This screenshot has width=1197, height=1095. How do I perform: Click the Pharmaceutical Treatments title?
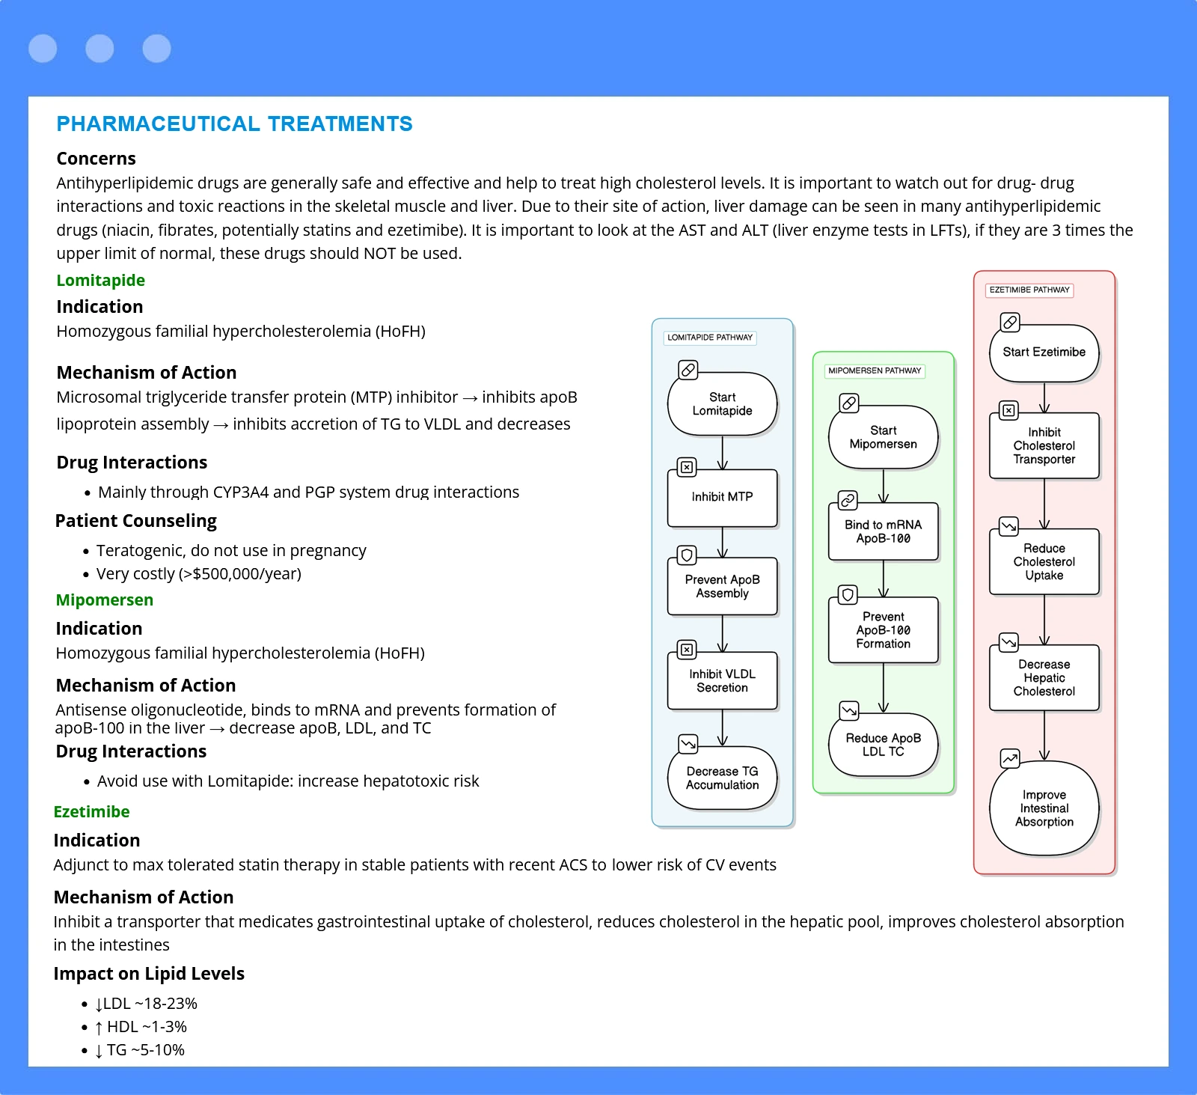pos(234,123)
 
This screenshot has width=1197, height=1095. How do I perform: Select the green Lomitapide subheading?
pos(100,280)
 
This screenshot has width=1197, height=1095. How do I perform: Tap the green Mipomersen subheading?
pos(104,600)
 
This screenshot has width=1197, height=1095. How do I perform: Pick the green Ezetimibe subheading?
pos(91,811)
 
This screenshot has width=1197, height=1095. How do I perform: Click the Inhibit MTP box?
pos(722,498)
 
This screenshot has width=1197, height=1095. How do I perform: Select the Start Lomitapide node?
pos(722,404)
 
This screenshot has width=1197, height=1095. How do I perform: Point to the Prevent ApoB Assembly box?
pos(722,586)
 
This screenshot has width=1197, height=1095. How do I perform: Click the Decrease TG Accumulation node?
pos(722,778)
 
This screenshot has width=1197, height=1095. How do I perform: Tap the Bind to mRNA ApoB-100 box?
pos(883,531)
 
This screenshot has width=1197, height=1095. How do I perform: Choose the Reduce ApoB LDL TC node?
pos(883,745)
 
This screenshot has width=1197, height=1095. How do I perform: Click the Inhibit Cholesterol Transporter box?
pos(1044,445)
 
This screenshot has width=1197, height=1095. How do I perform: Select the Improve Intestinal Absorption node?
pos(1044,808)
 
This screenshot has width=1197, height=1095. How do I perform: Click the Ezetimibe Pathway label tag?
pos(1029,290)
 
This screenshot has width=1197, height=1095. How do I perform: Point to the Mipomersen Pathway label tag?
pos(875,370)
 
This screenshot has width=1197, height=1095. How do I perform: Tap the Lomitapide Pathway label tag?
pos(710,338)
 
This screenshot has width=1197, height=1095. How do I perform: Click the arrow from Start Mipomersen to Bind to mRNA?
pos(884,486)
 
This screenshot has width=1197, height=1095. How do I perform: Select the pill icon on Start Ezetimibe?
pos(1009,323)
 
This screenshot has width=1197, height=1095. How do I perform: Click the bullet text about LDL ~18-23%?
pos(147,1004)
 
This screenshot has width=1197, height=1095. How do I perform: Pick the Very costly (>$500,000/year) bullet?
pos(199,574)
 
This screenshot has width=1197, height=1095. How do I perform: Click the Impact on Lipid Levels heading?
pos(149,973)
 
